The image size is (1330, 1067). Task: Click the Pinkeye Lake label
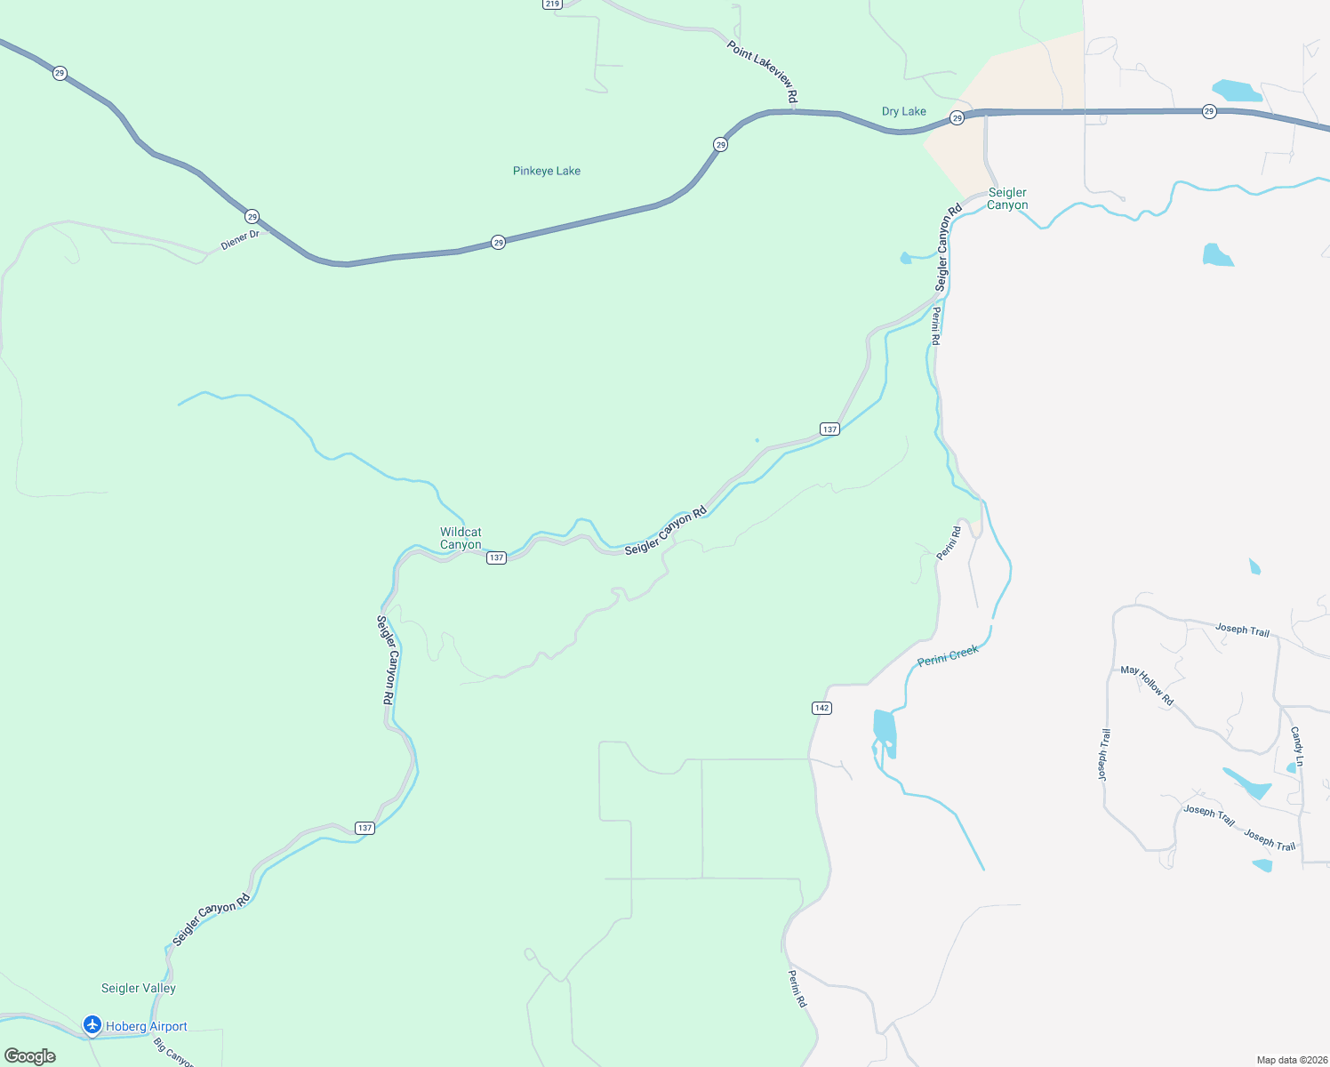546,171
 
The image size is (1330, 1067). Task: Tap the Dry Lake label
903,111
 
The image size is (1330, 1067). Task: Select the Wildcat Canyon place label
461,538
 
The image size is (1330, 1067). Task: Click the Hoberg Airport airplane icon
92,1025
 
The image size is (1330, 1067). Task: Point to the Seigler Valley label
139,988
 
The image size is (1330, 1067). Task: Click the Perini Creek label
948,656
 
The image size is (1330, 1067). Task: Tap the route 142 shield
821,708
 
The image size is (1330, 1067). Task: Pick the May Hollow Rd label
1147,686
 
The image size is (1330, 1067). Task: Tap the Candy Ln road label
1297,746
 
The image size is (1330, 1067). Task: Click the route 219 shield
552,4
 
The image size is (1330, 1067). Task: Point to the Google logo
30,1056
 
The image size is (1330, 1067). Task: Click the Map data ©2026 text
1289,1060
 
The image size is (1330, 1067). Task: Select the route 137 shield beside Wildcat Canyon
496,558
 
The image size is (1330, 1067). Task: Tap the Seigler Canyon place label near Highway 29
1007,198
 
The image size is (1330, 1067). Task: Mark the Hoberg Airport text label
147,1026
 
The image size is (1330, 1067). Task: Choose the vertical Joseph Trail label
1103,754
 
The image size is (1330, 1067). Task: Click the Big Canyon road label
173,1052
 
